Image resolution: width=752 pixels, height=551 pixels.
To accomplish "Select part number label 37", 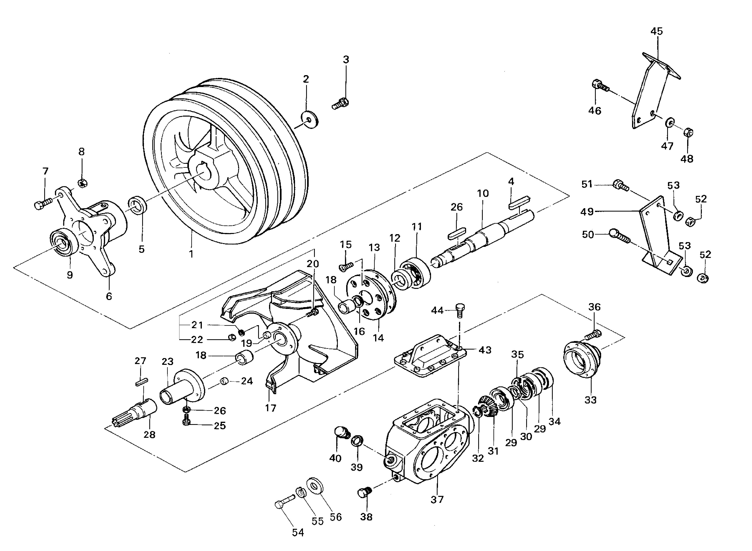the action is [x=437, y=499].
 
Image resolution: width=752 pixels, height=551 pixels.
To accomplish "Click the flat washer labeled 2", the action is [x=310, y=119].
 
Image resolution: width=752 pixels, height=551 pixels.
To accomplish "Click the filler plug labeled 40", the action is [x=342, y=433].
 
